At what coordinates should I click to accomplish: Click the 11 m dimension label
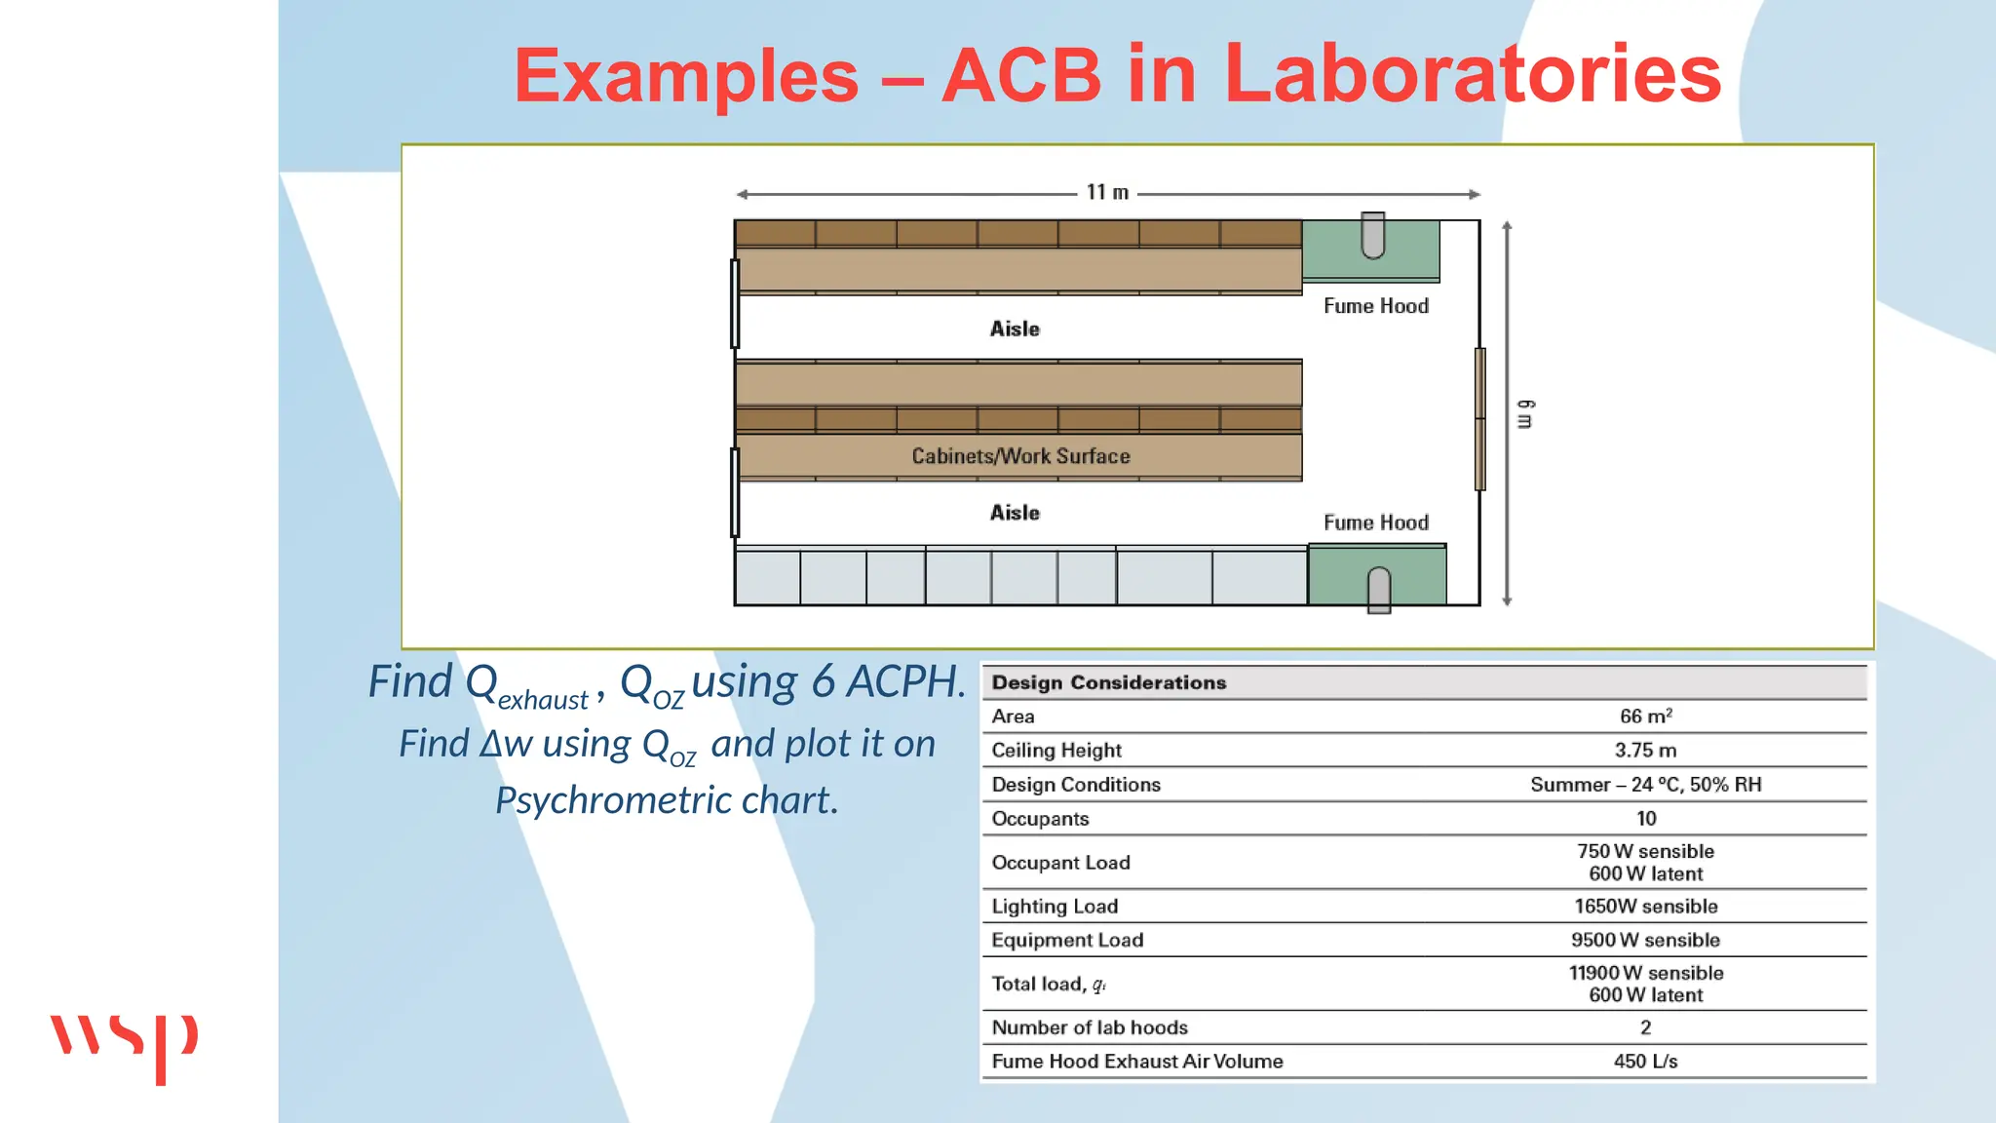coord(1107,193)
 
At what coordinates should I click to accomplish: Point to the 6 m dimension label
coord(1525,414)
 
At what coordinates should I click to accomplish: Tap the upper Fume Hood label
coord(1375,306)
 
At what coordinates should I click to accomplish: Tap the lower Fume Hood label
coord(1375,523)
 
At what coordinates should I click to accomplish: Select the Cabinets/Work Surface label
coord(1020,456)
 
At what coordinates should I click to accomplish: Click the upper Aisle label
coord(1015,329)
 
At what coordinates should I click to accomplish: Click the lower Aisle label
coord(1015,513)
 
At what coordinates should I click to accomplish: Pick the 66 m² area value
coord(1645,716)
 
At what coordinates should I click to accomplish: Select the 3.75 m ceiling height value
coord(1645,751)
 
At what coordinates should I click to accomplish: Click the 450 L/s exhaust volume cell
coord(1645,1062)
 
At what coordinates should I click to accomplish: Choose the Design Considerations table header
coord(1109,683)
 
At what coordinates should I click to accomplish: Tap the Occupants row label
coord(1040,819)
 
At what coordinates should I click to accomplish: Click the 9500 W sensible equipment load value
coord(1645,941)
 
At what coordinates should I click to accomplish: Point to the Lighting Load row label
coord(1055,907)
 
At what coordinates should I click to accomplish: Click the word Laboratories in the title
coord(1472,76)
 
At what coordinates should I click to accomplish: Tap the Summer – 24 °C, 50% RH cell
coord(1645,785)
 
